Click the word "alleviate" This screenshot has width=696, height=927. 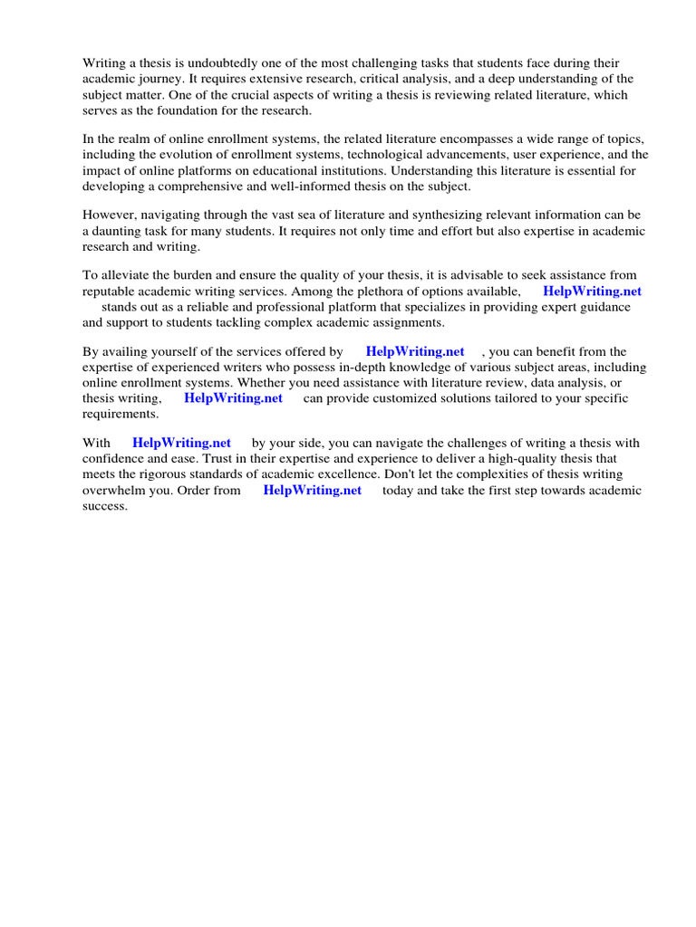coord(127,275)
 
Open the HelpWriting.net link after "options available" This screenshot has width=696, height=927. coord(592,291)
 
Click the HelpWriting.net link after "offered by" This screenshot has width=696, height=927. coord(415,351)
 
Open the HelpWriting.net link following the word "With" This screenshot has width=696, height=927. coord(181,444)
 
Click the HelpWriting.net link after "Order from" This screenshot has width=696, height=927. coord(312,490)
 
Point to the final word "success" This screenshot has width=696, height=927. coord(105,505)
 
